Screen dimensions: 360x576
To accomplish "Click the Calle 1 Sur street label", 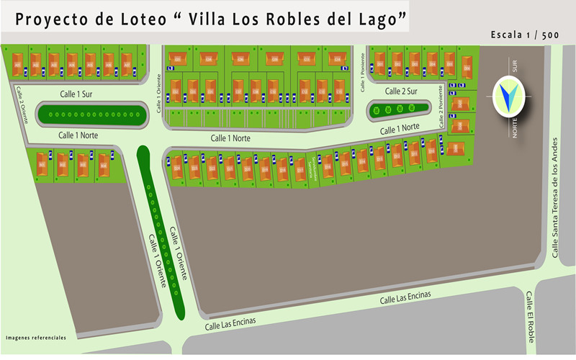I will click(x=76, y=94).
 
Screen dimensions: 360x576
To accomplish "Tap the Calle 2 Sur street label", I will click(x=401, y=91).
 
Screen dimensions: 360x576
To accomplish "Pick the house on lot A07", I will click(x=127, y=62).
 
